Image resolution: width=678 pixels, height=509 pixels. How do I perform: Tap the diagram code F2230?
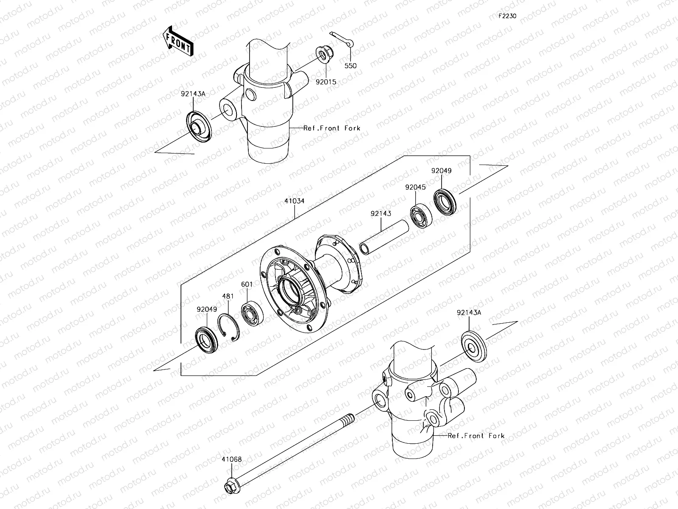pyautogui.click(x=507, y=16)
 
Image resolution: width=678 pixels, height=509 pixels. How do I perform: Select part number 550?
pyautogui.click(x=350, y=66)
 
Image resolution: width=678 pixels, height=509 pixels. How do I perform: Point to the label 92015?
pyautogui.click(x=326, y=81)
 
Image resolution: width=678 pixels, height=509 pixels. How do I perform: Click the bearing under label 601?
pyautogui.click(x=253, y=314)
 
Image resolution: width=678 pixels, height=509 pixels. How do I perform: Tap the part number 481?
pyautogui.click(x=228, y=296)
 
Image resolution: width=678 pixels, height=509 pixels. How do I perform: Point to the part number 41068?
pyautogui.click(x=231, y=459)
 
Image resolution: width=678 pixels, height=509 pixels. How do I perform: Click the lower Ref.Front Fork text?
pyautogui.click(x=476, y=436)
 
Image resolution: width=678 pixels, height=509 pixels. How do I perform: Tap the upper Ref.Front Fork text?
pyautogui.click(x=332, y=128)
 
